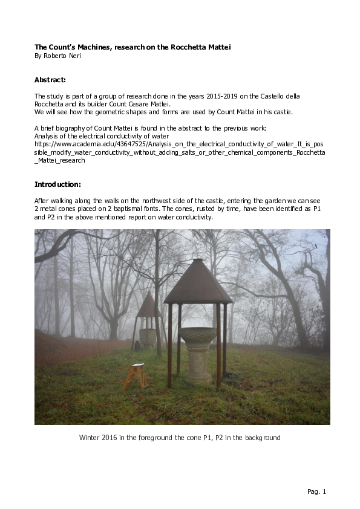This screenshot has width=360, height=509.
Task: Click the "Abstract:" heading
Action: (x=50, y=80)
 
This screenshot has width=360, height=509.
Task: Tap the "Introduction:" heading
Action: (x=57, y=184)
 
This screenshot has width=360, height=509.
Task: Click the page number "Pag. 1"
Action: (x=316, y=491)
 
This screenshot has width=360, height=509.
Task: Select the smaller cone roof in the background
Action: (x=148, y=305)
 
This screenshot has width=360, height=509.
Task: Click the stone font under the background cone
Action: (x=147, y=336)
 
